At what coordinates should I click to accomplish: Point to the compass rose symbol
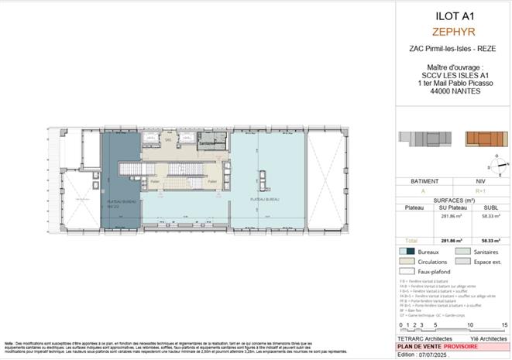click(x=497, y=164)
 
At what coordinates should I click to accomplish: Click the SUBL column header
click(x=490, y=207)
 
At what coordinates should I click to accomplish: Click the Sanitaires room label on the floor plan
click(x=206, y=143)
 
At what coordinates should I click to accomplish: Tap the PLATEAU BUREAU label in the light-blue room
click(x=263, y=199)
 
